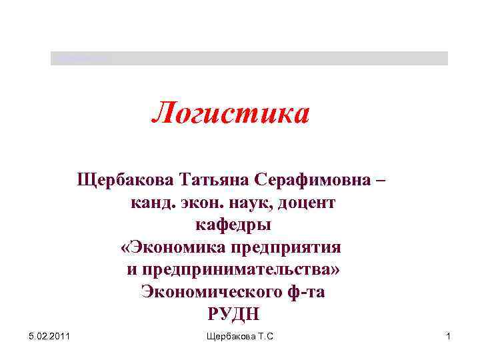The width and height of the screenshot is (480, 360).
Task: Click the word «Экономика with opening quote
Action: point(173,247)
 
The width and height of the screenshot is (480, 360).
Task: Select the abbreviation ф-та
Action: point(305,291)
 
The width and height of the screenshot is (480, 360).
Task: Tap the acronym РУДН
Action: point(233,313)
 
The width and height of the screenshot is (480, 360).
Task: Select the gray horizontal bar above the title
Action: point(249,58)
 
